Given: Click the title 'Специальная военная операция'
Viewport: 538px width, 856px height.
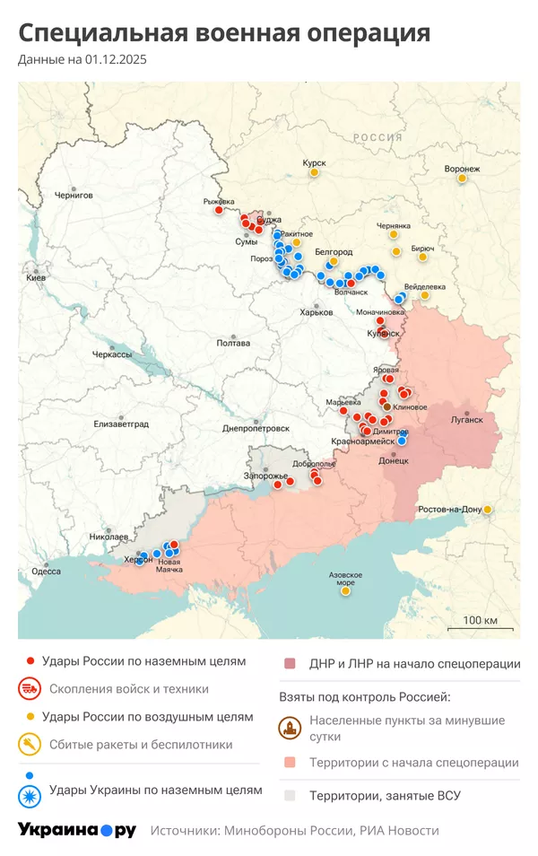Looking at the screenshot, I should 224,33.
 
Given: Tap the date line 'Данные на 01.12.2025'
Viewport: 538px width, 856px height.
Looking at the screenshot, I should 82,60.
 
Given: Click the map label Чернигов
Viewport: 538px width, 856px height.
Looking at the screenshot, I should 74,195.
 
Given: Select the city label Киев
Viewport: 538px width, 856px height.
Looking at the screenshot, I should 36,279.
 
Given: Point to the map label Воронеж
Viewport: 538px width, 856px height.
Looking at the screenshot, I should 462,169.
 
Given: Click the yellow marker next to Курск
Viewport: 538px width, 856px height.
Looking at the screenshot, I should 315,173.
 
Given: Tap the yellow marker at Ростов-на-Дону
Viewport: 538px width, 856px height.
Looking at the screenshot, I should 488,510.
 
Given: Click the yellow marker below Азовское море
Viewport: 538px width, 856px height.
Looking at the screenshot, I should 345,591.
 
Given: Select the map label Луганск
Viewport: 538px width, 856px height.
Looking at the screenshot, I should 466,419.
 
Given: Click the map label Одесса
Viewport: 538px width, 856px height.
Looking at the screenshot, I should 46,571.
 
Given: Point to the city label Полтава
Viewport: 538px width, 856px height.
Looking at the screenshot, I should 233,343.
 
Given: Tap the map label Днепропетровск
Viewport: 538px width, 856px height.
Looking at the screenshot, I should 256,428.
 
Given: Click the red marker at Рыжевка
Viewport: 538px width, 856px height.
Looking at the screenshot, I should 218,210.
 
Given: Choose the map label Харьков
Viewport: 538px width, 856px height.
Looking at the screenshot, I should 316,311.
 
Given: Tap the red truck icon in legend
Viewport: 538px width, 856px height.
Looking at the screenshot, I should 30,689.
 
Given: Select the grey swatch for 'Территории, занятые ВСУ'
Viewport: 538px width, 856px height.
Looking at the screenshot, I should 289,795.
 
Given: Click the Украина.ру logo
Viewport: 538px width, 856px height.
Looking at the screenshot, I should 77,830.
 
